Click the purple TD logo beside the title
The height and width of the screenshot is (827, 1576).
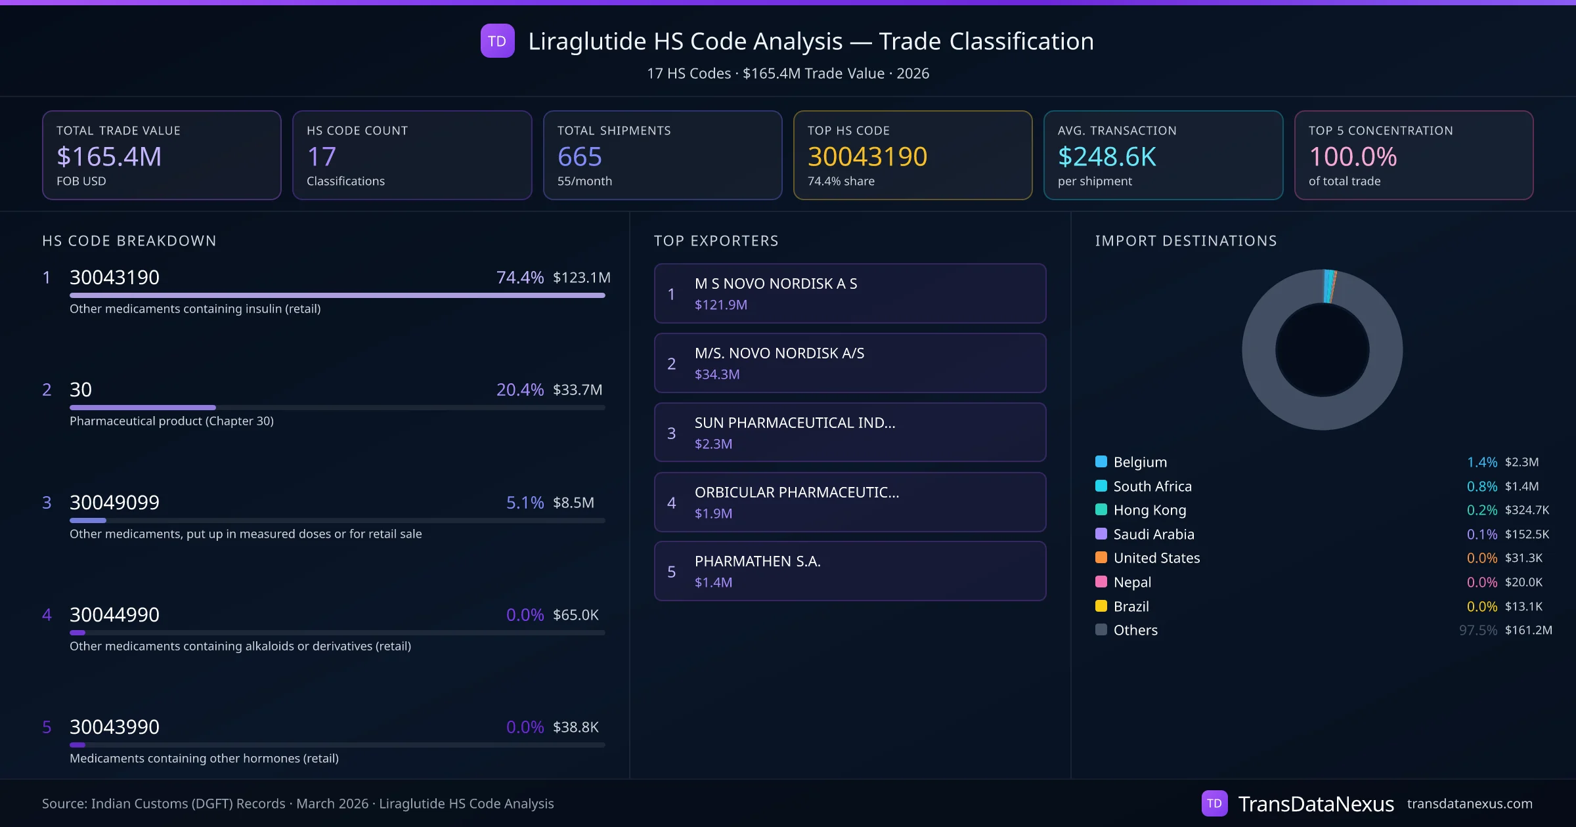tap(497, 41)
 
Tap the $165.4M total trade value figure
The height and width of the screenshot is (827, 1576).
tap(109, 156)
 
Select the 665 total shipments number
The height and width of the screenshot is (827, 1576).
tap(579, 156)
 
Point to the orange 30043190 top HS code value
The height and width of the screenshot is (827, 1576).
tap(867, 156)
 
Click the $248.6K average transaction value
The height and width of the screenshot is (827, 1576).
tap(1106, 156)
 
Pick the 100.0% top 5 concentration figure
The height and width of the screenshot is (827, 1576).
tap(1353, 156)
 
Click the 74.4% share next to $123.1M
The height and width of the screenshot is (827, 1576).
tap(519, 278)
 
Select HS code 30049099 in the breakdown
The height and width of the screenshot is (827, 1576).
tap(114, 502)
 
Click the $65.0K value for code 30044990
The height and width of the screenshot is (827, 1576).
tap(575, 615)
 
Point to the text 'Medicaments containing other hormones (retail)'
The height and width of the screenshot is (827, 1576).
tap(204, 758)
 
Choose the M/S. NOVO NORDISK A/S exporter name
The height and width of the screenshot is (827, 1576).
tap(779, 353)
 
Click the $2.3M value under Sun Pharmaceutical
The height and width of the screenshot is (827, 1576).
tap(713, 444)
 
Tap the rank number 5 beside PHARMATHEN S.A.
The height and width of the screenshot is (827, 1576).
tap(671, 572)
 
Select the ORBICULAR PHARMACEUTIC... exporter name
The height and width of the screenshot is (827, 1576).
tap(797, 492)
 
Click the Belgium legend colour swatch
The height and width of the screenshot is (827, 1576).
tap(1101, 461)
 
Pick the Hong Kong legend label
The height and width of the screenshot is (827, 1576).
tap(1149, 510)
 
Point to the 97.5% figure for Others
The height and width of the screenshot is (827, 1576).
tap(1477, 630)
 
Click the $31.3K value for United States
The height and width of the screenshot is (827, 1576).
tap(1523, 558)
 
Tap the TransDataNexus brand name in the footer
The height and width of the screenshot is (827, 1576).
tap(1315, 803)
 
